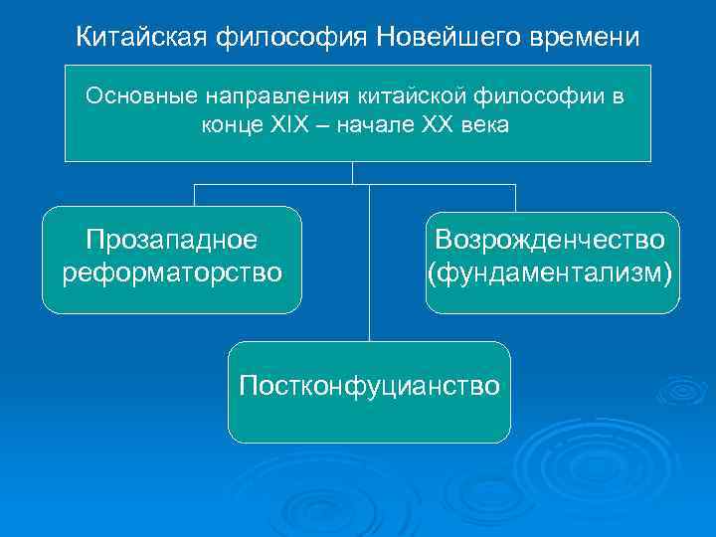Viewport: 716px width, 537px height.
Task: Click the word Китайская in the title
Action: (142, 37)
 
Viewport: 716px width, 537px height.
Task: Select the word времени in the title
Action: (586, 37)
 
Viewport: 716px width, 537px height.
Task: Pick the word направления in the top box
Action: (271, 96)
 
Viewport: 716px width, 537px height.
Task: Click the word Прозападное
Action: (171, 240)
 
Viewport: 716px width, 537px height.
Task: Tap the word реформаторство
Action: (171, 270)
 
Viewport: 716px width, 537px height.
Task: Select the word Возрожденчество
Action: (550, 240)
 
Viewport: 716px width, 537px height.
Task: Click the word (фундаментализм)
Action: (550, 270)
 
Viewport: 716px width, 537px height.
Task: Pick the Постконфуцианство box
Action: (369, 392)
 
